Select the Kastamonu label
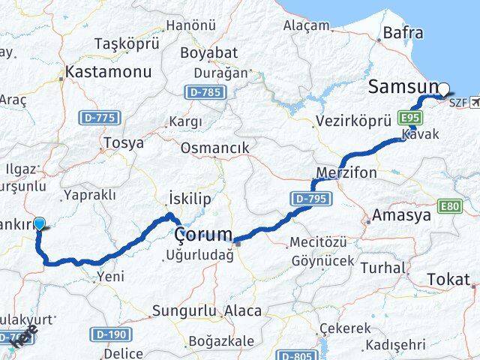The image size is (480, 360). point(108,73)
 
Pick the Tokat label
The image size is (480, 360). point(448,279)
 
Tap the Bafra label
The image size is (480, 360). point(403,33)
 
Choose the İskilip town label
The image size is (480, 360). point(190,199)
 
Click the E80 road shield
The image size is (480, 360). point(451,206)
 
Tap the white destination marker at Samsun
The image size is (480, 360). point(443,89)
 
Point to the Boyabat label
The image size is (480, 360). point(208,53)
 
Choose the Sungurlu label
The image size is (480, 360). point(184,310)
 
